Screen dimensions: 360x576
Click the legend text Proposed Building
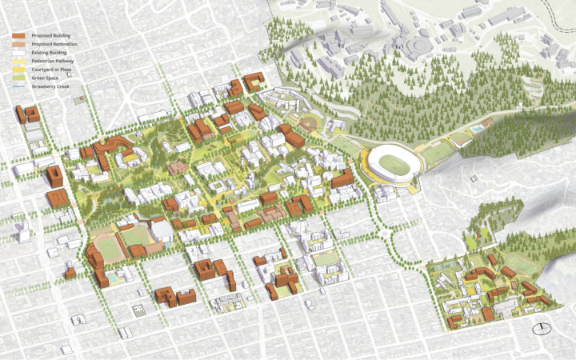click(x=50, y=36)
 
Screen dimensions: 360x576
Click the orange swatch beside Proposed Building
click(x=18, y=36)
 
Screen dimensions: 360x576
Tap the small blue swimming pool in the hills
click(x=478, y=128)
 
